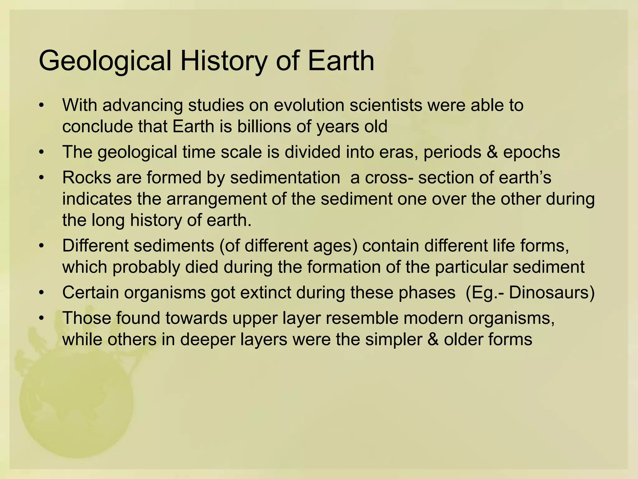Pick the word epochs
[x=531, y=152]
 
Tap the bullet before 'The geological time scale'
[x=41, y=152]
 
